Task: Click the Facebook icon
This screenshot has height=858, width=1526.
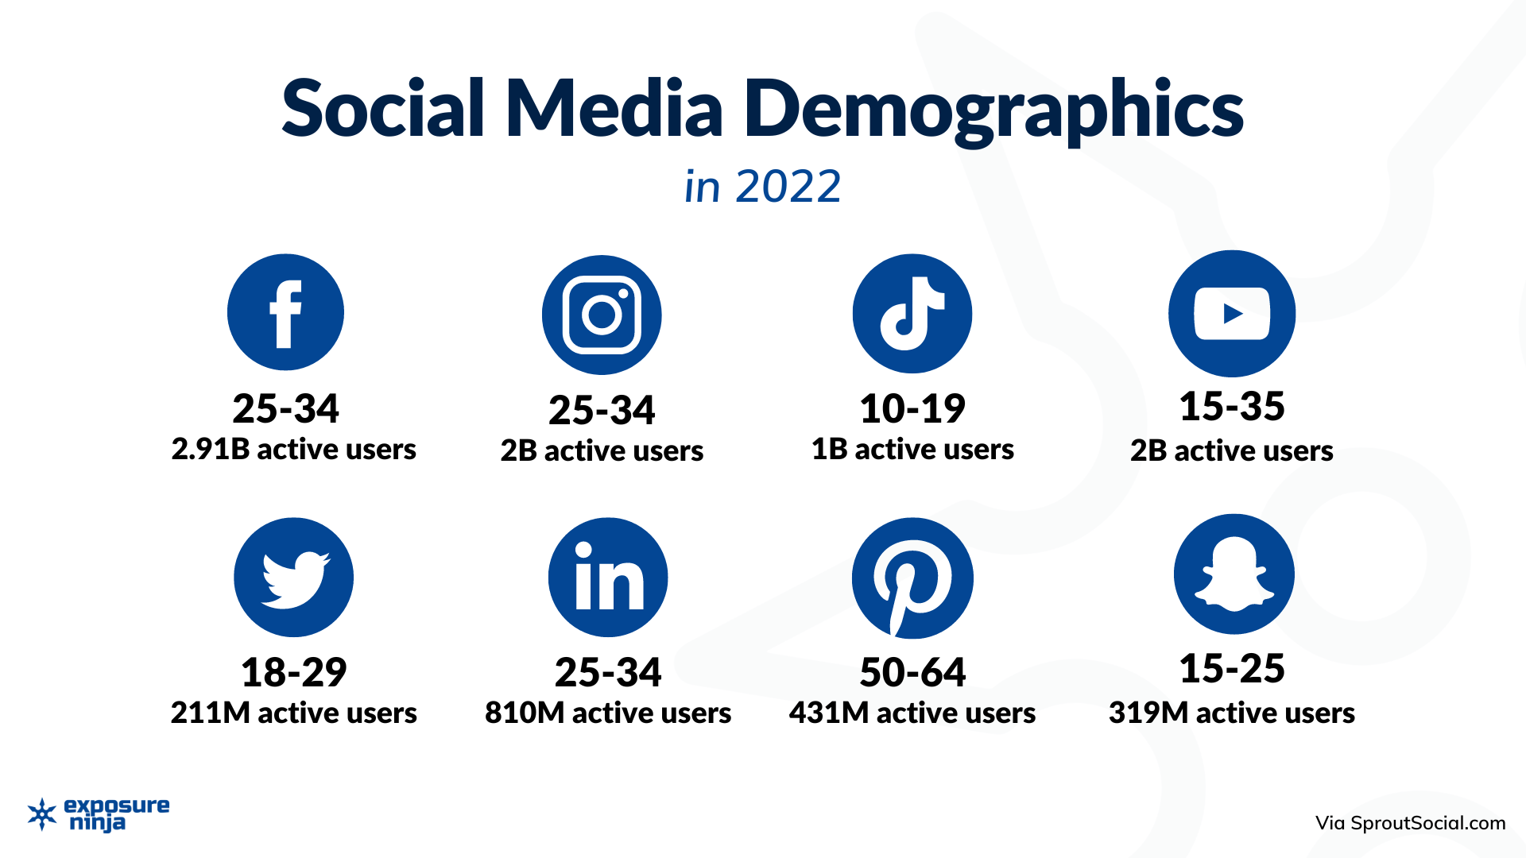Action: click(x=285, y=312)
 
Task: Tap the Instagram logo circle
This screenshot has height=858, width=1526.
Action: click(x=602, y=315)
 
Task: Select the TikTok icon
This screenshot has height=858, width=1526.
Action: click(x=912, y=314)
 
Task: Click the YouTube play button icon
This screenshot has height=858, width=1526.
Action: click(x=1231, y=314)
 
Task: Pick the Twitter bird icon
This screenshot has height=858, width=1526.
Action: click(x=293, y=577)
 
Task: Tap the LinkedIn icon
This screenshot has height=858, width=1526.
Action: click(x=608, y=577)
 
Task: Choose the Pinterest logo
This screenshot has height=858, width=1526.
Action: click(x=912, y=578)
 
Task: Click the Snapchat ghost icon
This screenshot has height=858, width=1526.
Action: click(x=1234, y=574)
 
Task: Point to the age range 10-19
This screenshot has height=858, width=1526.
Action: click(x=912, y=409)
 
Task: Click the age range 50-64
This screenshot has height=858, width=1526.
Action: click(x=912, y=673)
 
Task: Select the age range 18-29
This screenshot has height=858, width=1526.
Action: click(x=293, y=673)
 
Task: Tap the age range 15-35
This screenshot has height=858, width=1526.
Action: click(x=1231, y=407)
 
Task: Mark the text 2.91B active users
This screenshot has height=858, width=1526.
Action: click(x=293, y=450)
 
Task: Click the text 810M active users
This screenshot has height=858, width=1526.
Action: click(x=608, y=713)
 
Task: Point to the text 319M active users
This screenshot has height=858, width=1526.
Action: click(x=1231, y=713)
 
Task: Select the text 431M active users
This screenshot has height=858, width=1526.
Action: click(x=912, y=713)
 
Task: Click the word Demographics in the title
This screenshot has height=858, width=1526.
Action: click(x=993, y=110)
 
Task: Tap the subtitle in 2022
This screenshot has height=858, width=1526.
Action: click(x=762, y=187)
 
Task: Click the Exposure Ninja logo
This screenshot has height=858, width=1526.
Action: click(x=99, y=814)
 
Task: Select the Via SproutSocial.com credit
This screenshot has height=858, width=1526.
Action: click(x=1410, y=823)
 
